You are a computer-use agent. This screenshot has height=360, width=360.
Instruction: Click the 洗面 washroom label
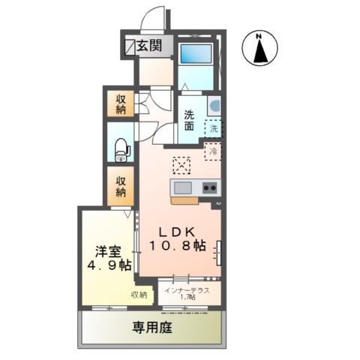(x=190, y=121)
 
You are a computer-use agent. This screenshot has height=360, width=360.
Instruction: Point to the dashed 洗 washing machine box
(x=214, y=128)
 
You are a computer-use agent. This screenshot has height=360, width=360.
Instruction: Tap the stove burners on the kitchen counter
(x=209, y=187)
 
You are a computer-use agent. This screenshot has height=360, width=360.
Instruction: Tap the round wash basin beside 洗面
(x=214, y=105)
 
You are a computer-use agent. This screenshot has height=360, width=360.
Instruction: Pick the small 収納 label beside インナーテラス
(x=139, y=295)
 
